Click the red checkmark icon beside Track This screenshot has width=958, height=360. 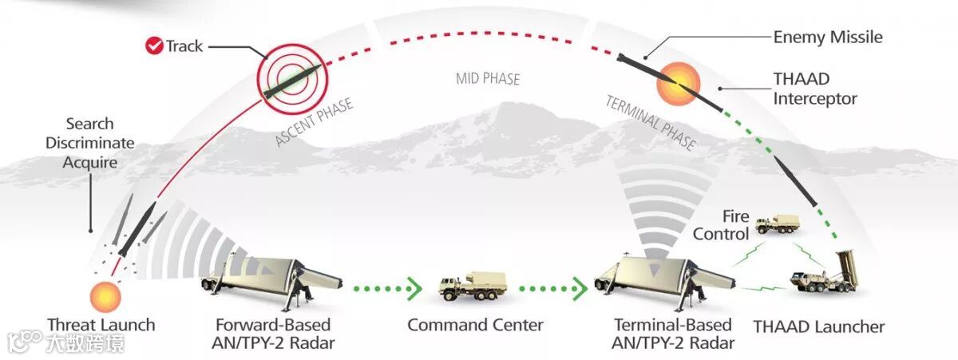[155, 45]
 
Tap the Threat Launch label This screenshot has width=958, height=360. [101, 326]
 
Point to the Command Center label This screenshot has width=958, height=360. [475, 326]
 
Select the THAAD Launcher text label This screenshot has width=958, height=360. [819, 326]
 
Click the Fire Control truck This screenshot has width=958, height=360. [776, 226]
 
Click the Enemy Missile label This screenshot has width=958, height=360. [828, 38]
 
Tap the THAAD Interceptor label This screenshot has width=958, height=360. [815, 89]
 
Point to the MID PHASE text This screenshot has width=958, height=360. [488, 79]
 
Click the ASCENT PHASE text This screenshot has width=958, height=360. [314, 123]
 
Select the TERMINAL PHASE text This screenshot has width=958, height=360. [651, 123]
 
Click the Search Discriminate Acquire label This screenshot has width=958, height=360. [90, 144]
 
